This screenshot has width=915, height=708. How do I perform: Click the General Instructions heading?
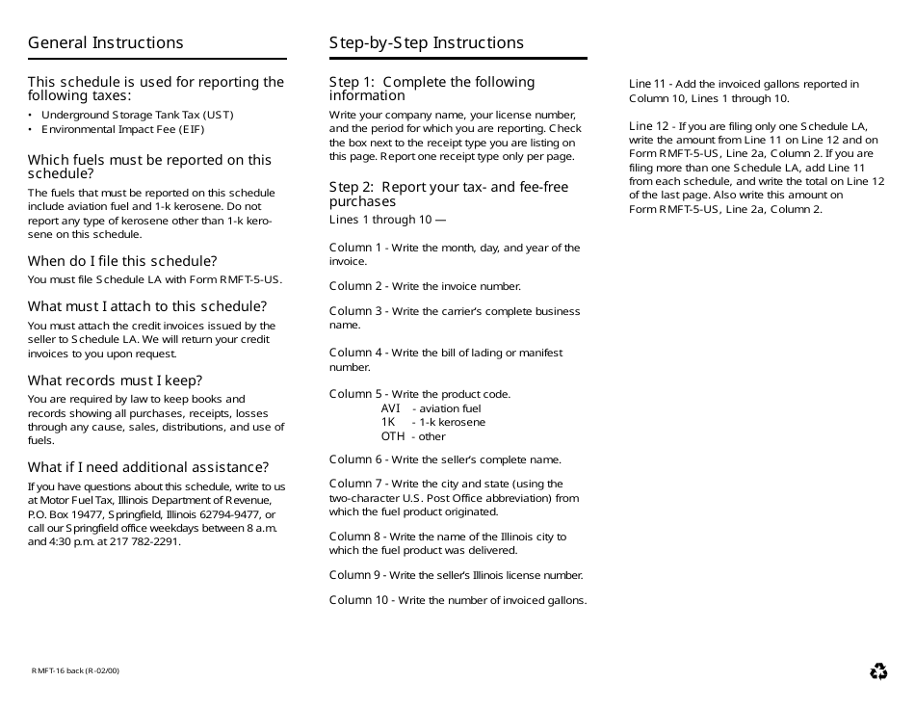[105, 42]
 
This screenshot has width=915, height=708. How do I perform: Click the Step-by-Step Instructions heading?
[427, 42]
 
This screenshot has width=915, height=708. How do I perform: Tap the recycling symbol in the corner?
[878, 671]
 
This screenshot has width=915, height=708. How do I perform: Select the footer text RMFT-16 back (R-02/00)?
[75, 670]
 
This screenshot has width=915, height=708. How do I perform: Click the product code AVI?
[390, 408]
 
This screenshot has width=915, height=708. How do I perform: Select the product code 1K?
[388, 422]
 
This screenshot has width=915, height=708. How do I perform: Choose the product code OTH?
[393, 436]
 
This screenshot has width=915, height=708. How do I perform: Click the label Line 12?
[648, 126]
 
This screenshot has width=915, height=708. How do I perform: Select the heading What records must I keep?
[115, 380]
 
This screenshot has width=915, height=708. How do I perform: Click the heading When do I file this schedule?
[122, 261]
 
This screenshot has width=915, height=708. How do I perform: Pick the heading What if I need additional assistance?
[148, 467]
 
